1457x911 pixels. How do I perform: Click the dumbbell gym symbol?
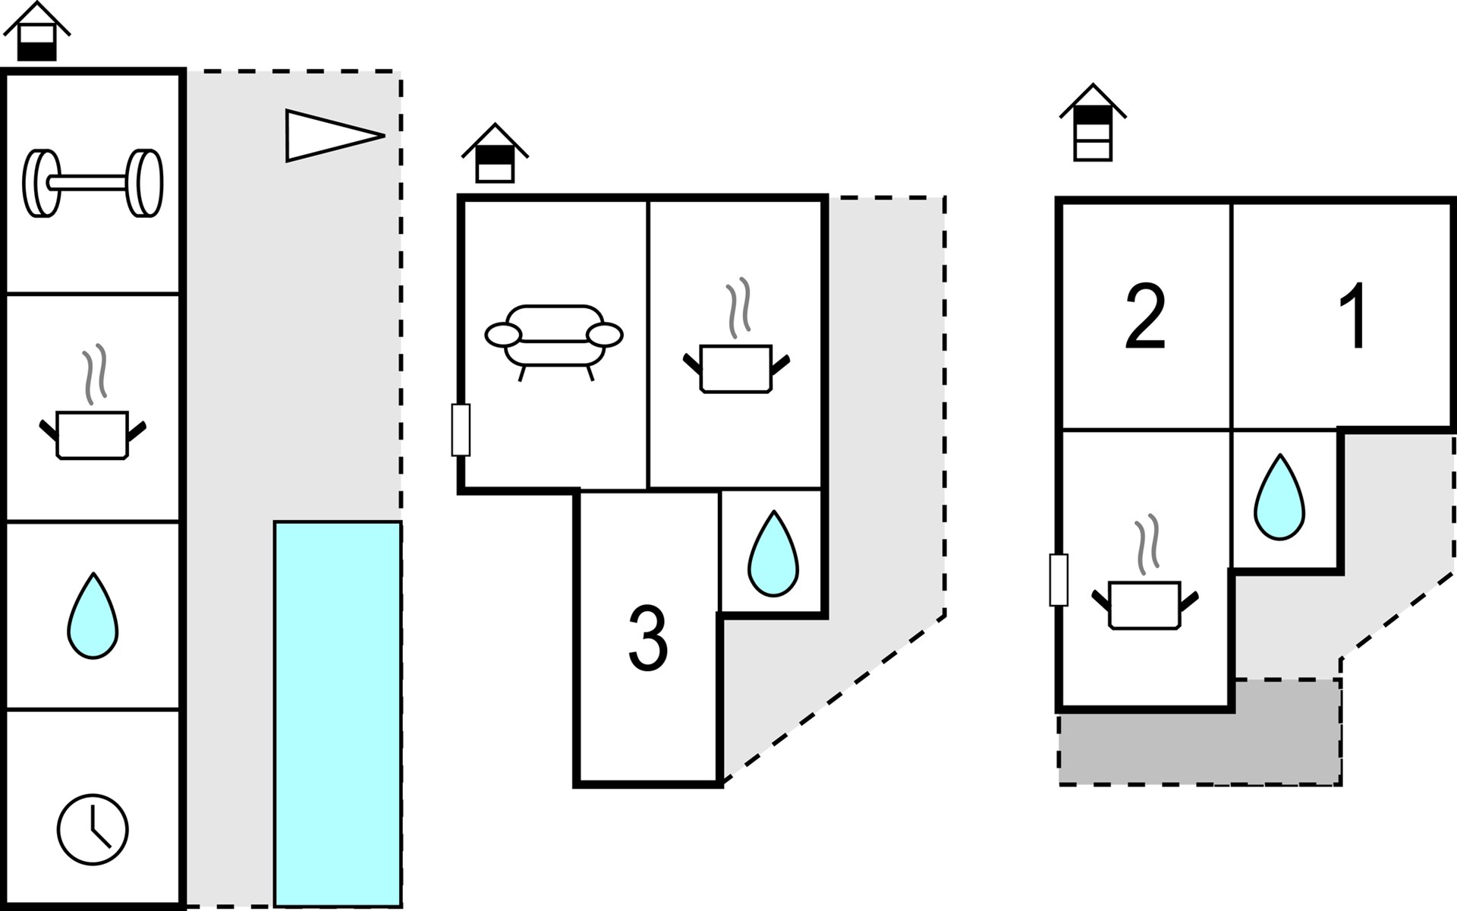[93, 183]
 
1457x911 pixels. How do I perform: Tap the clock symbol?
[93, 828]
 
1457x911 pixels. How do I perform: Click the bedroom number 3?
[648, 638]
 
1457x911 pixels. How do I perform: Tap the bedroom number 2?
[1145, 317]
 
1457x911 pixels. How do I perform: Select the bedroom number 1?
[1354, 317]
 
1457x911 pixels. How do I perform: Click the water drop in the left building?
[93, 616]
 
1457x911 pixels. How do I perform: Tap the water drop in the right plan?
[1279, 497]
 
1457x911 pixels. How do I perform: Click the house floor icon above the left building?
[36, 33]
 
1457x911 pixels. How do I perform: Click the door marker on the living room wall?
[461, 430]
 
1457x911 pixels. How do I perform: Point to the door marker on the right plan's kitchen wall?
[1059, 580]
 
